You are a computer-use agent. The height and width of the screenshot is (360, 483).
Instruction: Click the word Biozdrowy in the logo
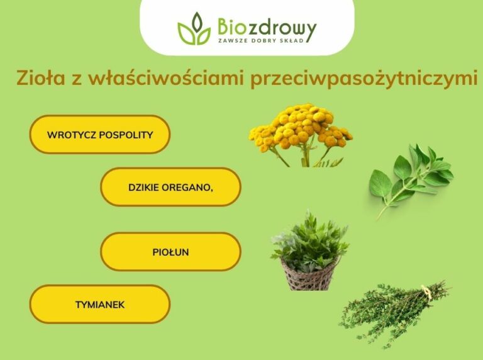267,26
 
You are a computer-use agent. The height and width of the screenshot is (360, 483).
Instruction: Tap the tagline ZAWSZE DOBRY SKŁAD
266,41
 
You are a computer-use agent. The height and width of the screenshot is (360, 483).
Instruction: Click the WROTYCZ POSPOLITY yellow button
100,134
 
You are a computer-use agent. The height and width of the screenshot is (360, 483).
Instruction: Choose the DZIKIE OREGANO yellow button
170,187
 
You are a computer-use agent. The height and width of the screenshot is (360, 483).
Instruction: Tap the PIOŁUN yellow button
170,252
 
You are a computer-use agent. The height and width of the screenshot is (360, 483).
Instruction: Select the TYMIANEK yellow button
100,304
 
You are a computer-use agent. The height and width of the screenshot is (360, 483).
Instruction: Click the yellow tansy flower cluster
301,125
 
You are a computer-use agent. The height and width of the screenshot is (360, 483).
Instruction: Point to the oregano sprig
411,177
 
